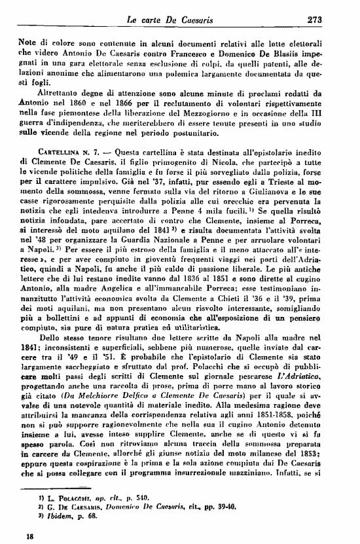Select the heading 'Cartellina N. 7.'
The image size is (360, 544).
[x=60, y=152]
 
